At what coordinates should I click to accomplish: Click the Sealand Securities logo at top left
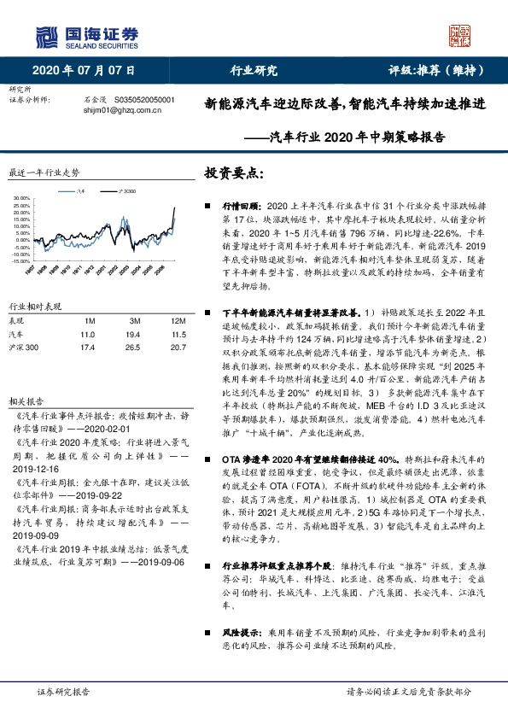[x=86, y=37]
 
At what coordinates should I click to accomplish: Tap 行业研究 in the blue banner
[x=254, y=70]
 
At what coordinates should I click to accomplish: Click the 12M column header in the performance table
[x=155, y=319]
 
